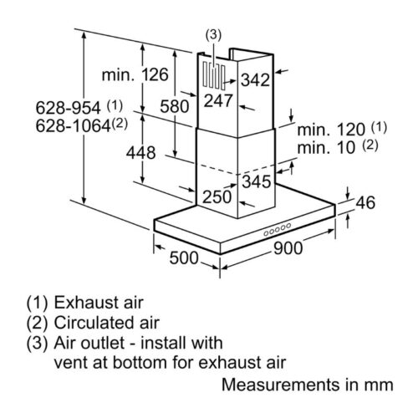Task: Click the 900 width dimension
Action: pos(288,248)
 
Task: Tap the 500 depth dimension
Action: pos(184,257)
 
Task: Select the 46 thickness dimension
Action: pos(365,202)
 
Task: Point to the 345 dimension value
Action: pos(257,181)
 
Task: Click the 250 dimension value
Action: pos(217,197)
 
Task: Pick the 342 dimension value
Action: pos(255,80)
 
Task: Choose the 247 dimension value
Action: pos(218,100)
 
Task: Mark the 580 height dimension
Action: pos(175,106)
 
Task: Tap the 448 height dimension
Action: pos(140,153)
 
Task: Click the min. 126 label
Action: pos(135,75)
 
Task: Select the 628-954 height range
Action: pos(68,108)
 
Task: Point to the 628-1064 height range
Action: pos(74,126)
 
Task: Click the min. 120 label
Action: pos(331,130)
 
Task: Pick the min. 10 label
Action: pos(326,148)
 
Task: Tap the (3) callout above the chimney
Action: pos(213,35)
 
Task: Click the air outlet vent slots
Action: pos(214,75)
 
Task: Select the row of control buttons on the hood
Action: pos(278,229)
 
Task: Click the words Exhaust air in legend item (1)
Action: pos(99,303)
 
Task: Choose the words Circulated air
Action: pos(107,323)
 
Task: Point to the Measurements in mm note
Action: pos(308,385)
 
